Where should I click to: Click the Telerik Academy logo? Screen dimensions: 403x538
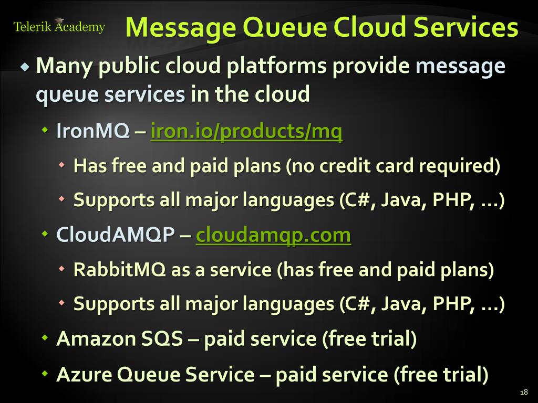click(59, 27)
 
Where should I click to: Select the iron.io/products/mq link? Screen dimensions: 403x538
click(246, 132)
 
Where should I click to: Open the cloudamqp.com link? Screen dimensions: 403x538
click(273, 236)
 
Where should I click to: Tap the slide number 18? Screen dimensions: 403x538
click(523, 392)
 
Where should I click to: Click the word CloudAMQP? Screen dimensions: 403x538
click(115, 236)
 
